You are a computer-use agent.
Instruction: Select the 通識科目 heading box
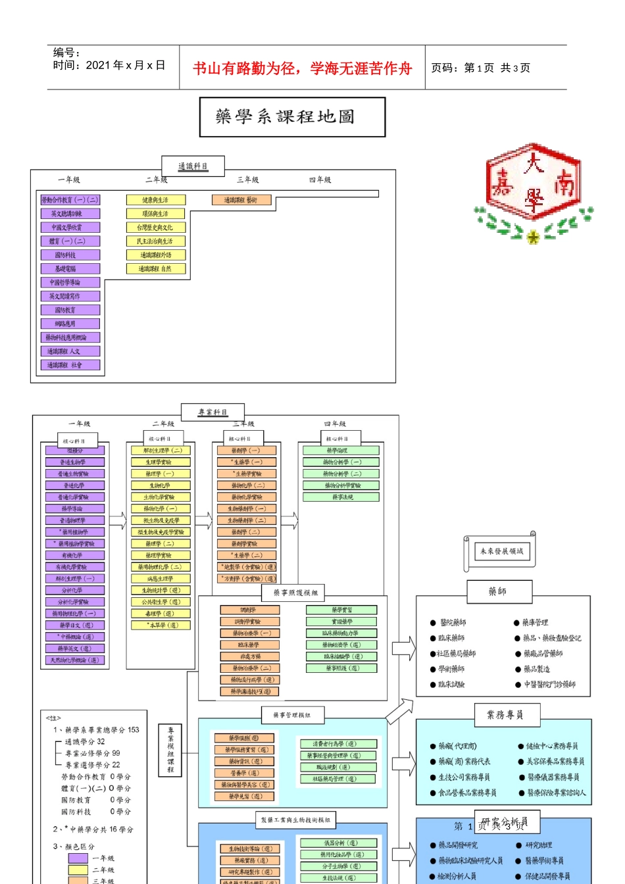(193, 166)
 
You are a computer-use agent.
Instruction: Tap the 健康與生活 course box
(155, 200)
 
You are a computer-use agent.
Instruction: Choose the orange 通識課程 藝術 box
(241, 200)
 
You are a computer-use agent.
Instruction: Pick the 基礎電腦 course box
(70, 268)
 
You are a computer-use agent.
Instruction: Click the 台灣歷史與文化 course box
(155, 228)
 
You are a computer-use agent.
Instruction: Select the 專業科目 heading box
(213, 412)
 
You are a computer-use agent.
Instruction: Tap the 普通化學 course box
(74, 485)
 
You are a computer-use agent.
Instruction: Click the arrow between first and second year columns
(118, 520)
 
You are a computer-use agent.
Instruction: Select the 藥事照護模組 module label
(295, 593)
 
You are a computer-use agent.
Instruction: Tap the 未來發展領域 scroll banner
(501, 551)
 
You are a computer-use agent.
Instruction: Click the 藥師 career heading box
(497, 591)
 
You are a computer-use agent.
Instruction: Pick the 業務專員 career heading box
(505, 714)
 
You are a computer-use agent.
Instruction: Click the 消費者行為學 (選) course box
(336, 744)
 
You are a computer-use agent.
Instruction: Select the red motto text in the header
(302, 68)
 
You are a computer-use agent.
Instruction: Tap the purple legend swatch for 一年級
(78, 858)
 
